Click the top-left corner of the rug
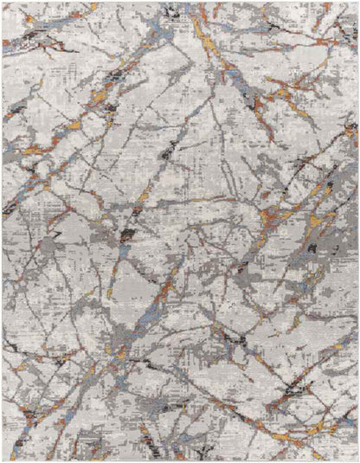point(3,3)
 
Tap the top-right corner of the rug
point(357,3)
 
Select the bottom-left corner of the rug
point(3,460)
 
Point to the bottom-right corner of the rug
point(357,460)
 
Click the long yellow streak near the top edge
point(201,26)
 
